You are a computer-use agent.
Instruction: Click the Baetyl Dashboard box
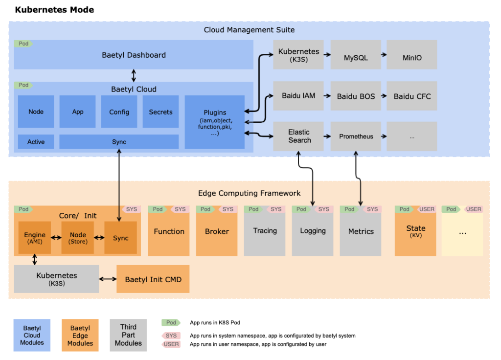133,55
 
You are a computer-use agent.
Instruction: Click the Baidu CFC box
411,96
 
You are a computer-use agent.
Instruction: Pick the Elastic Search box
299,136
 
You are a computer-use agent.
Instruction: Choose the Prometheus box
356,136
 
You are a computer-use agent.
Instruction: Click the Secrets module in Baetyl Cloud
160,112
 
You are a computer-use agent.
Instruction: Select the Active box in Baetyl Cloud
36,142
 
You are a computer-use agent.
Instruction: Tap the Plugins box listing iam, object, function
214,122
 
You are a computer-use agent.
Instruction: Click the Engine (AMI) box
35,238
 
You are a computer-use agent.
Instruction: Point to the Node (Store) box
77,238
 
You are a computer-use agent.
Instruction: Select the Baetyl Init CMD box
153,279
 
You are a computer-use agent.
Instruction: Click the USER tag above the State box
426,209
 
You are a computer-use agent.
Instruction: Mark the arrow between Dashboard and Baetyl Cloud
134,75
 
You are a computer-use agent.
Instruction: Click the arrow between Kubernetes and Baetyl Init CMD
108,279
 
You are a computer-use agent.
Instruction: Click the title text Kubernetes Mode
54,10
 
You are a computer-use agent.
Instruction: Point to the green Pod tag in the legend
171,323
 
